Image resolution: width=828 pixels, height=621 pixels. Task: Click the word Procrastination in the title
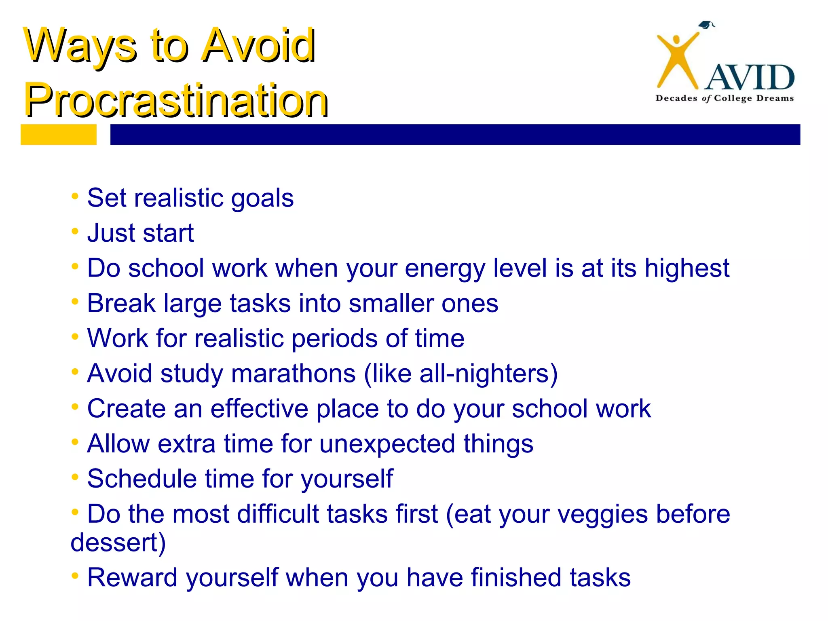(x=176, y=100)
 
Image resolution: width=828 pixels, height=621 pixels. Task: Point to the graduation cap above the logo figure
(x=705, y=25)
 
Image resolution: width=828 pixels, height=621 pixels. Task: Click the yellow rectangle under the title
(x=59, y=134)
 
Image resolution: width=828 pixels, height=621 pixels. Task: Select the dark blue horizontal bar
(x=455, y=134)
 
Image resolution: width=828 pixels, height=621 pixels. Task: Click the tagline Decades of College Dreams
(x=724, y=98)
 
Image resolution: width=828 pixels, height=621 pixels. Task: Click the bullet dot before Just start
(x=75, y=232)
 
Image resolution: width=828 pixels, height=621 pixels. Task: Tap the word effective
(x=259, y=408)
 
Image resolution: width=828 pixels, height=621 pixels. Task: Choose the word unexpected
(x=387, y=444)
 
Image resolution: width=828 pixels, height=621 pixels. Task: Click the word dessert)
(x=118, y=542)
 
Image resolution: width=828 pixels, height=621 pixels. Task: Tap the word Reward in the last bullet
(x=132, y=577)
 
